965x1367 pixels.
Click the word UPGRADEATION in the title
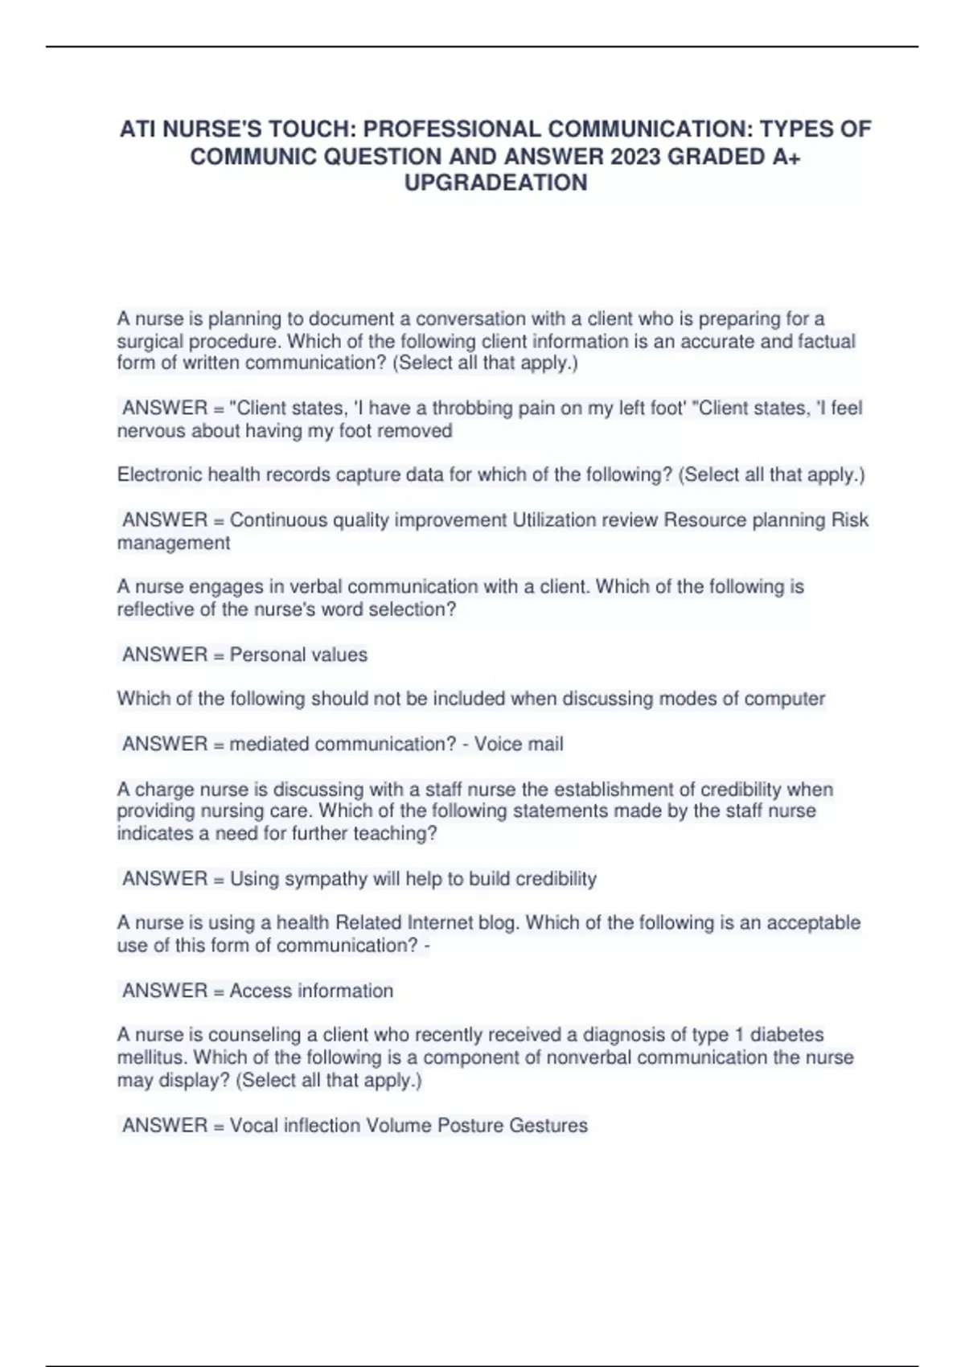495,183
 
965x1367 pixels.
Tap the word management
174,543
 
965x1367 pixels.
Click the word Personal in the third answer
263,655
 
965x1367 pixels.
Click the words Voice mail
519,744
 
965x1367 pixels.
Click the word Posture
470,1126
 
